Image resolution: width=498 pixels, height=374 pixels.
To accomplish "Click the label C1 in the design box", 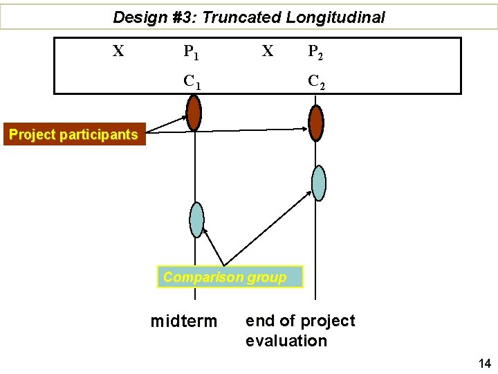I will pyautogui.click(x=192, y=82).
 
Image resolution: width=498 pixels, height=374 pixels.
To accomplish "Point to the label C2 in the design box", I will pyautogui.click(x=317, y=82).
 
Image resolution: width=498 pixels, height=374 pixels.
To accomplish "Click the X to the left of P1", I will pyautogui.click(x=118, y=51).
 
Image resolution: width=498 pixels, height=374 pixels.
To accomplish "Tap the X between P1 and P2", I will pyautogui.click(x=267, y=51).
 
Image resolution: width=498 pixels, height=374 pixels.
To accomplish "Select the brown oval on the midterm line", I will pyautogui.click(x=194, y=113).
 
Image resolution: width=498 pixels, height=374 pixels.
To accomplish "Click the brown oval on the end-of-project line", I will pyautogui.click(x=316, y=123).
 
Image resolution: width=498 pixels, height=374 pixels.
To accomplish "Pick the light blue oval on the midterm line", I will pyautogui.click(x=197, y=219).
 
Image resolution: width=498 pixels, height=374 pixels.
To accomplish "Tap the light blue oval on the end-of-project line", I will pyautogui.click(x=318, y=183).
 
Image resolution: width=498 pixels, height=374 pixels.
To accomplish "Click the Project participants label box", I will pyautogui.click(x=74, y=134).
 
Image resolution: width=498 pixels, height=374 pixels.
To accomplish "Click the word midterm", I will pyautogui.click(x=184, y=322).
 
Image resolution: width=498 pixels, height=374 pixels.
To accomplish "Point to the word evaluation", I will pyautogui.click(x=286, y=341).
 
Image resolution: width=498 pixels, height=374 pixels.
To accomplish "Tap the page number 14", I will pyautogui.click(x=483, y=363).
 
